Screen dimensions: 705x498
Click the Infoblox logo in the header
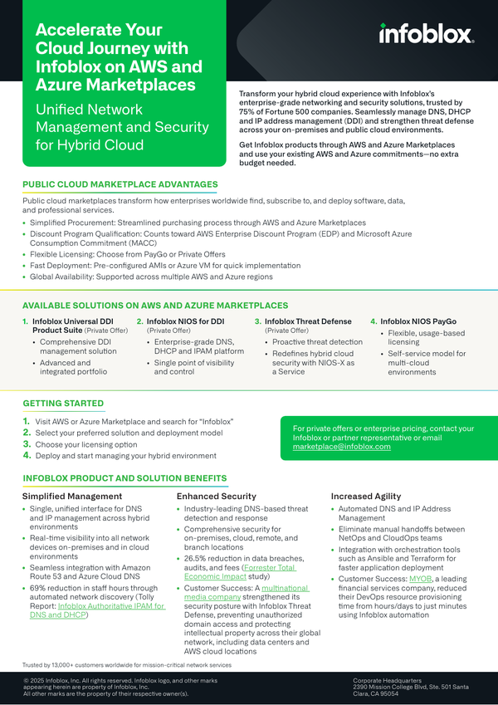(426, 33)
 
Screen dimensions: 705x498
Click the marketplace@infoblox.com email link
(341, 447)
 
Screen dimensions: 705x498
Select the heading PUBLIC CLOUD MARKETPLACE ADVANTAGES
(120, 184)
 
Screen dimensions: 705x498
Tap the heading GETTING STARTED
(63, 404)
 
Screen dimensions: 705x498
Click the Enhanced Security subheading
(216, 497)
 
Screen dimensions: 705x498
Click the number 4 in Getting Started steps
(27, 455)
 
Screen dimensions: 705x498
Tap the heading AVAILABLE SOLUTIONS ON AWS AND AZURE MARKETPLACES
(155, 306)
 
